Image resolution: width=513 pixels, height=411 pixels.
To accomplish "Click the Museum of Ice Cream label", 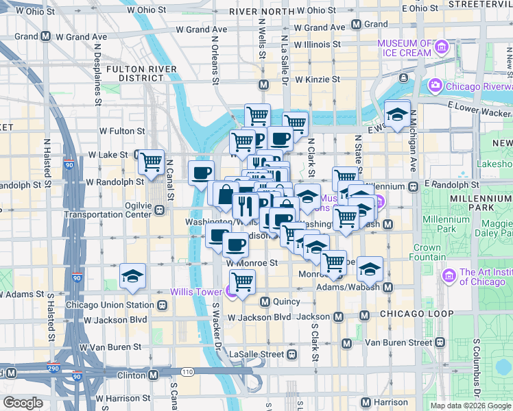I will point(407,48).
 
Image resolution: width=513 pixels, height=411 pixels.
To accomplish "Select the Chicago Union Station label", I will point(110,305).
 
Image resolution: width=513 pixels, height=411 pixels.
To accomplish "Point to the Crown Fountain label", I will point(427,252).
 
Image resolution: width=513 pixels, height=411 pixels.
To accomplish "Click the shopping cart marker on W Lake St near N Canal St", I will point(151,162).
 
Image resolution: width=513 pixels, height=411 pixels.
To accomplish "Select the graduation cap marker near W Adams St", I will point(132,276).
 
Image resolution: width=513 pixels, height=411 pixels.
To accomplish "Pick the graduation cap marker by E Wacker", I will point(397,114).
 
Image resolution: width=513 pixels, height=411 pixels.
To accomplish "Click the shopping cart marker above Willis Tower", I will point(241,282).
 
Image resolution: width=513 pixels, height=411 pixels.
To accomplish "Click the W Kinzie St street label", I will point(317,79).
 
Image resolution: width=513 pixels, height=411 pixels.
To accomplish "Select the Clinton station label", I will point(130,375).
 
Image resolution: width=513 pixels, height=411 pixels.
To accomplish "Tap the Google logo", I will point(23,403).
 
